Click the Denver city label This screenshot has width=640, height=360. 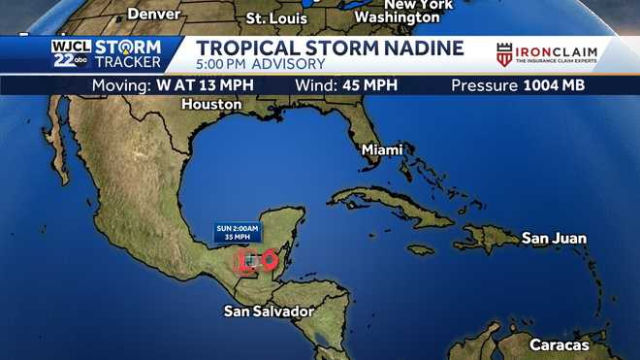[x=156, y=15]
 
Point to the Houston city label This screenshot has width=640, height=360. [x=211, y=104]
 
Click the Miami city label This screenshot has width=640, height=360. [x=381, y=150]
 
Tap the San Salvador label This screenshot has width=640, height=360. [x=269, y=311]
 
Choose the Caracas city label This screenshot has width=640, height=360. [x=559, y=344]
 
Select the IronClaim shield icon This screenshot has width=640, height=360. [x=504, y=55]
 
